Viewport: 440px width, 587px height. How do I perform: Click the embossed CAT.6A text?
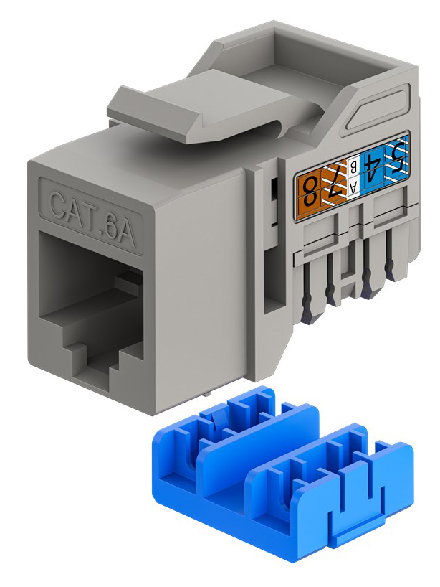[92, 218]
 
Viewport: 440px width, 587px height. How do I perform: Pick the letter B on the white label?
[353, 170]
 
